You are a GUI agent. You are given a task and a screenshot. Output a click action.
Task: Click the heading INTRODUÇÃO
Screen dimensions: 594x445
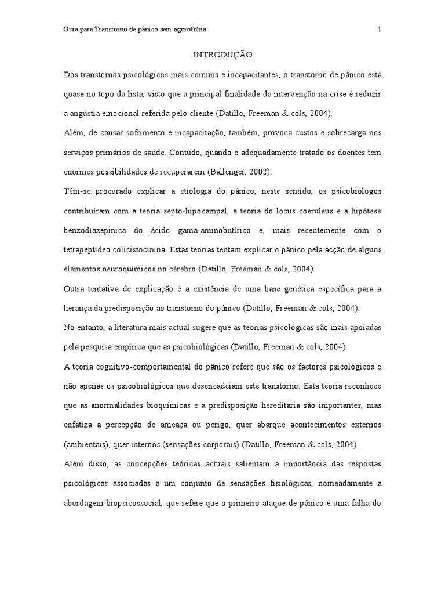click(x=222, y=55)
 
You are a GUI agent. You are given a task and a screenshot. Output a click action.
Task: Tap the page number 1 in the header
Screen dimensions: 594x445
click(x=380, y=29)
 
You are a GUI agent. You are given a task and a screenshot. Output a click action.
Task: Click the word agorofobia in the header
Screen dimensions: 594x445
click(x=188, y=29)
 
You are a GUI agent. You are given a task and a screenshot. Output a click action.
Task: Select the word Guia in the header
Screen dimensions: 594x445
click(x=70, y=29)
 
